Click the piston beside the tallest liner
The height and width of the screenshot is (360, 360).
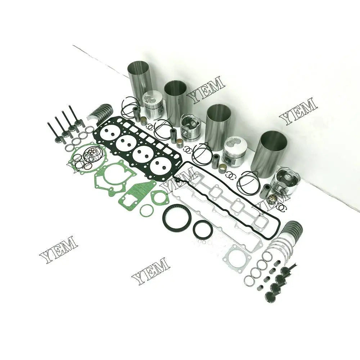click(x=154, y=105)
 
